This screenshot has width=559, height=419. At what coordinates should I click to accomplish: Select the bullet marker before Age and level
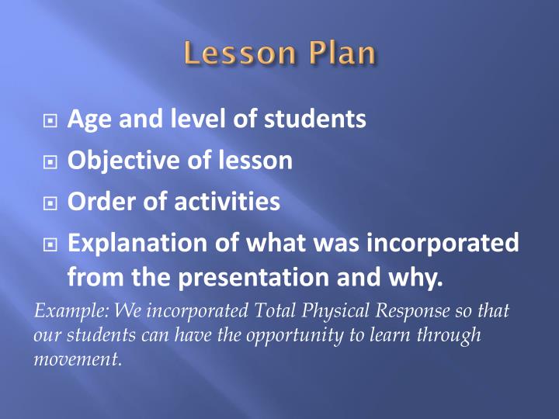50,121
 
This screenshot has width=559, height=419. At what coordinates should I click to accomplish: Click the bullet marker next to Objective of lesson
50,162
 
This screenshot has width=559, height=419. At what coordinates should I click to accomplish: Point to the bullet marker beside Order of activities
50,203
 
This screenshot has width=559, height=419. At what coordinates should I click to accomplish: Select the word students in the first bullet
316,119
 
